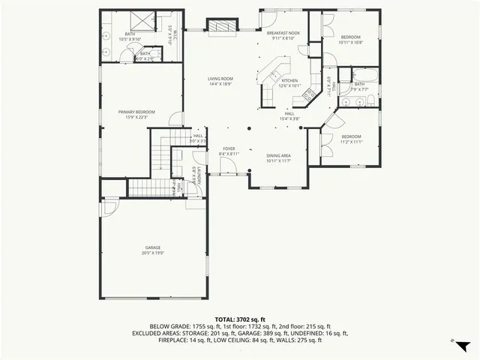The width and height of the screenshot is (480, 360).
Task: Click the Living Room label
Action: point(220,81)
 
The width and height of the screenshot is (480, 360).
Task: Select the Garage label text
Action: point(153,250)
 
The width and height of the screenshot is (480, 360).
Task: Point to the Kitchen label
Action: point(289,82)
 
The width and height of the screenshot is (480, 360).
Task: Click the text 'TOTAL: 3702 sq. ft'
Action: point(240,319)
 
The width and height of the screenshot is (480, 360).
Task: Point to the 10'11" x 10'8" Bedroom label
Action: point(350,40)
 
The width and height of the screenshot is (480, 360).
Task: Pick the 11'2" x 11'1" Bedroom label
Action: point(351,139)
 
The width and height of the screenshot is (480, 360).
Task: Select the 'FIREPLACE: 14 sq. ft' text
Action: point(183,340)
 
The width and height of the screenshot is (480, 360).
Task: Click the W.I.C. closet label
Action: point(171,33)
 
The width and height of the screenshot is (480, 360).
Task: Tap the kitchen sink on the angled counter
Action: point(275,75)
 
